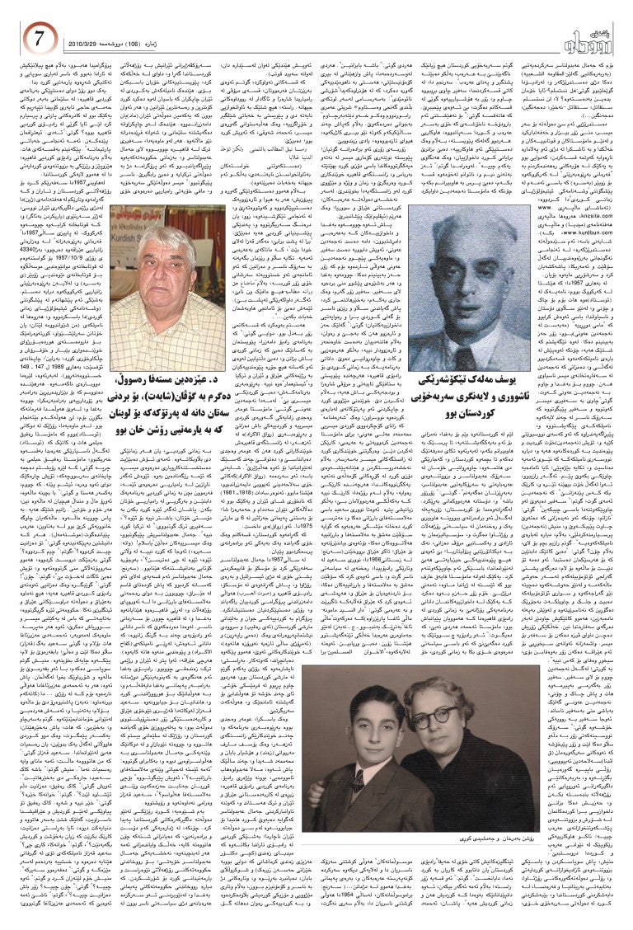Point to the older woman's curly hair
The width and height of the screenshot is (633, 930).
point(438,693)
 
